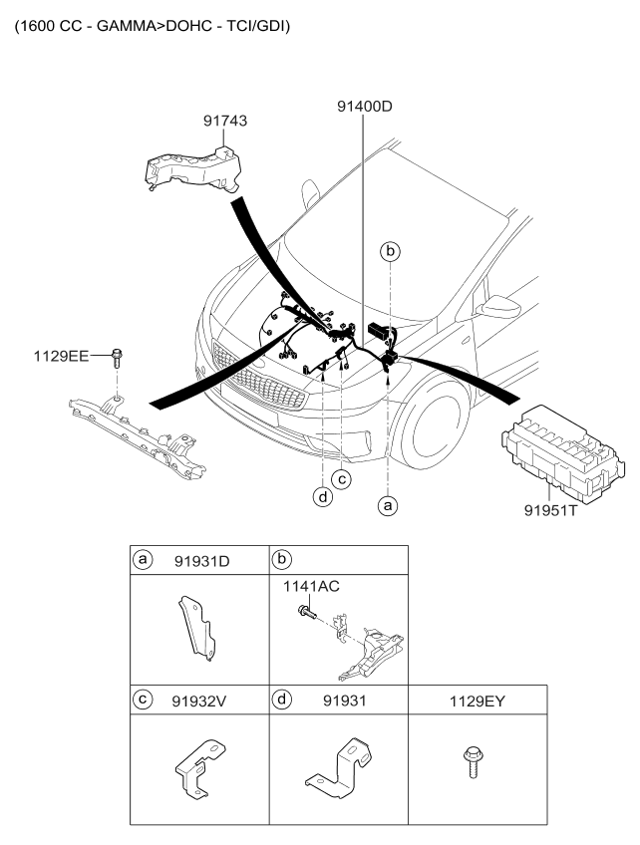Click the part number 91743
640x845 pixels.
click(226, 122)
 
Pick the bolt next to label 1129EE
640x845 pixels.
click(117, 357)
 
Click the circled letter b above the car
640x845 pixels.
click(392, 252)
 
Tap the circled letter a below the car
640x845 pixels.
click(389, 506)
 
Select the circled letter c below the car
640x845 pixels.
click(342, 479)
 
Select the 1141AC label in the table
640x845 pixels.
click(312, 587)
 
